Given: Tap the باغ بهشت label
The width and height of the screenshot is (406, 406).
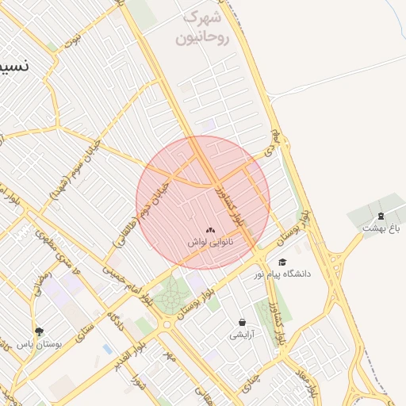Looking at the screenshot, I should point(379,228).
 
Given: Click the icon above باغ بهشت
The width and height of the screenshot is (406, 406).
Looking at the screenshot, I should point(380,216).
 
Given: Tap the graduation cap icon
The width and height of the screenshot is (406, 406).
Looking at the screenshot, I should point(282,262).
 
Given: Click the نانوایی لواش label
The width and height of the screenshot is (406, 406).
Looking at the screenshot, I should point(210,242).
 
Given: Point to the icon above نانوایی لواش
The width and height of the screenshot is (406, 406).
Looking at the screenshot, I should point(210,230).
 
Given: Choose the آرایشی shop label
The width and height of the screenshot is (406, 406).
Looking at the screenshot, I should point(242,335).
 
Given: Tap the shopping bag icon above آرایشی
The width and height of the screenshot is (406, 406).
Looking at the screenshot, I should point(242,323).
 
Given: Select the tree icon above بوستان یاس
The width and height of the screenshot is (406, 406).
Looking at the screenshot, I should point(39,331).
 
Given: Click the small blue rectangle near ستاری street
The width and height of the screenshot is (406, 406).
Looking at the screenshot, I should point(107,349).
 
